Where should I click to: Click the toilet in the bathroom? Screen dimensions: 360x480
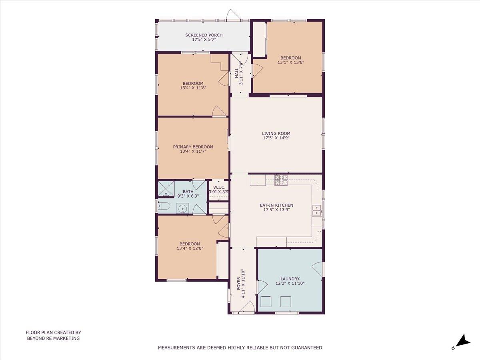click(x=164, y=207)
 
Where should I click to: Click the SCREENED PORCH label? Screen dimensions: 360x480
click(x=204, y=35)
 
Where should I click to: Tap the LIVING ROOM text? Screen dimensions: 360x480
click(x=276, y=134)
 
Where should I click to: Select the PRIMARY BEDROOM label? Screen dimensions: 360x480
click(x=193, y=147)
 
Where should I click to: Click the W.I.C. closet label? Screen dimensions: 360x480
click(x=219, y=187)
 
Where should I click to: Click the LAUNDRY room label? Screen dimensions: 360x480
click(x=290, y=279)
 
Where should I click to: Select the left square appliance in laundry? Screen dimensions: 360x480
click(x=265, y=301)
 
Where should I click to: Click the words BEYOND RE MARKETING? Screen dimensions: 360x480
click(x=53, y=338)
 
